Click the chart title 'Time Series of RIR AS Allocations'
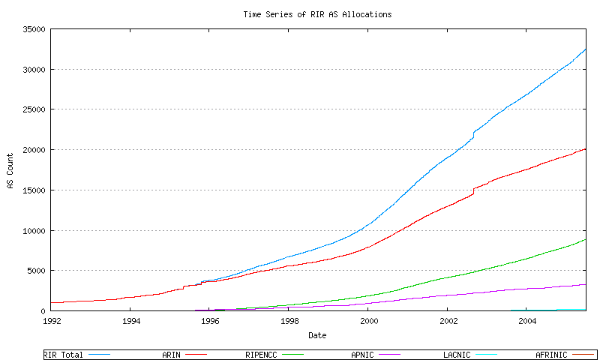click(317, 14)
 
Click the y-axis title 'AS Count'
click(10, 171)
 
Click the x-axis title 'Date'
click(317, 335)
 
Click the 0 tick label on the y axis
click(43, 311)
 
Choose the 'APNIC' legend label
click(365, 354)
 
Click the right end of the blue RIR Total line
click(586, 49)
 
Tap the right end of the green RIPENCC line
click(586, 239)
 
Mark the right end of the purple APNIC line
click(586, 284)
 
